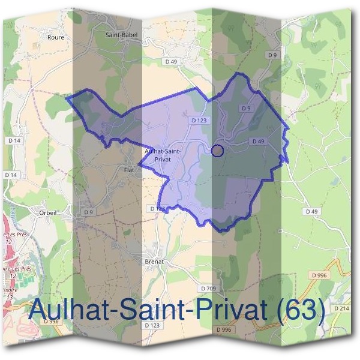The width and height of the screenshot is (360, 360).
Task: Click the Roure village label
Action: (55, 37)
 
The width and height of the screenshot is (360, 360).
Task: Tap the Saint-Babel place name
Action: (121, 35)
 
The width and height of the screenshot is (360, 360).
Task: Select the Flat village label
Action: (128, 170)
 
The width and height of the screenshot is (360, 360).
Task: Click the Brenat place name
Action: (154, 262)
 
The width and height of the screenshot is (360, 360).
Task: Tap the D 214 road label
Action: (341, 308)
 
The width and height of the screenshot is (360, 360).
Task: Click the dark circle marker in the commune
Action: (218, 151)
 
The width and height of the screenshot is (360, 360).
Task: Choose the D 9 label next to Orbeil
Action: (89, 212)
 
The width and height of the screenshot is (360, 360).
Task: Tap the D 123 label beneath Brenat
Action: (152, 325)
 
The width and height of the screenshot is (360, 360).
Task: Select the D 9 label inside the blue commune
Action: (245, 108)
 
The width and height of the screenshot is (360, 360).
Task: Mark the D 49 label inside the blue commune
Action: (258, 141)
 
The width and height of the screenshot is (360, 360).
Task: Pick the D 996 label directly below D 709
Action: (223, 330)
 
